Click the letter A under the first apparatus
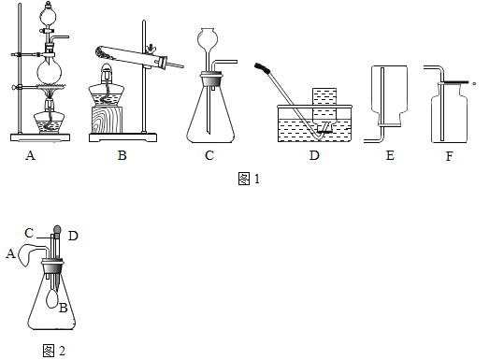point(30,155)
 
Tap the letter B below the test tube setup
point(122,155)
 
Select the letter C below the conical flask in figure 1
point(209,155)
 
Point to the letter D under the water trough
point(314,155)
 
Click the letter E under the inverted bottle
point(390,155)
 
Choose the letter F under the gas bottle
point(450,156)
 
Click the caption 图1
point(249,179)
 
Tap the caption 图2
point(54,351)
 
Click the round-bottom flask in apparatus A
point(50,71)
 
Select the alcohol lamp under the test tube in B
point(106,85)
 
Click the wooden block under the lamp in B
point(107,120)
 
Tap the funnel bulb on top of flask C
point(208,38)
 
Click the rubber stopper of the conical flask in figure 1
point(211,79)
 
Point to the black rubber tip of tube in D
point(261,67)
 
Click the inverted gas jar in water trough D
point(324,108)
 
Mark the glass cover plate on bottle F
point(454,83)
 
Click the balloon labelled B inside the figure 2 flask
point(52,298)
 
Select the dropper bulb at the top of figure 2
point(57,229)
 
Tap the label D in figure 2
point(73,237)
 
